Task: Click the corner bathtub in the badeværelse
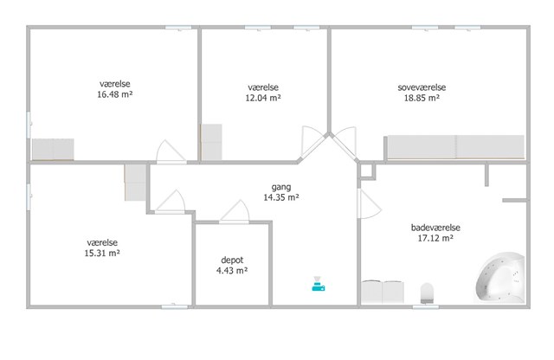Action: pyautogui.click(x=500, y=278)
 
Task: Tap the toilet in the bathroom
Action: pyautogui.click(x=427, y=292)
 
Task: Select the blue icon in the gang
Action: pyautogui.click(x=318, y=284)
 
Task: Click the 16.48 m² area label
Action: pyautogui.click(x=115, y=94)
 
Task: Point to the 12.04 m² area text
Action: pyautogui.click(x=263, y=98)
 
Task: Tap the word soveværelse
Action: pyautogui.click(x=422, y=87)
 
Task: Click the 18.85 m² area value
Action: pyautogui.click(x=422, y=98)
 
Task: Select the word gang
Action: pyautogui.click(x=281, y=187)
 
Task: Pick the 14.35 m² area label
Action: pyautogui.click(x=281, y=197)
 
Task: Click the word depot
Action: pyautogui.click(x=232, y=260)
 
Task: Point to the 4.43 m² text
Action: pyautogui.click(x=232, y=271)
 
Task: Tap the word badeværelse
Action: pyautogui.click(x=435, y=228)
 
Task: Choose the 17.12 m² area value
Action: pyautogui.click(x=435, y=239)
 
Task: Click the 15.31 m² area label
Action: pyautogui.click(x=102, y=254)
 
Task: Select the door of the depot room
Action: pyautogui.click(x=235, y=212)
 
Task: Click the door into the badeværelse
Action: pyautogui.click(x=370, y=204)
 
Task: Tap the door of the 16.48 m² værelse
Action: pyautogui.click(x=171, y=152)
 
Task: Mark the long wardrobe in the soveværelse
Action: pyautogui.click(x=456, y=147)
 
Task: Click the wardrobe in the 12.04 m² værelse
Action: pyautogui.click(x=211, y=142)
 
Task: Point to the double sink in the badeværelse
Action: pyautogui.click(x=383, y=292)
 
